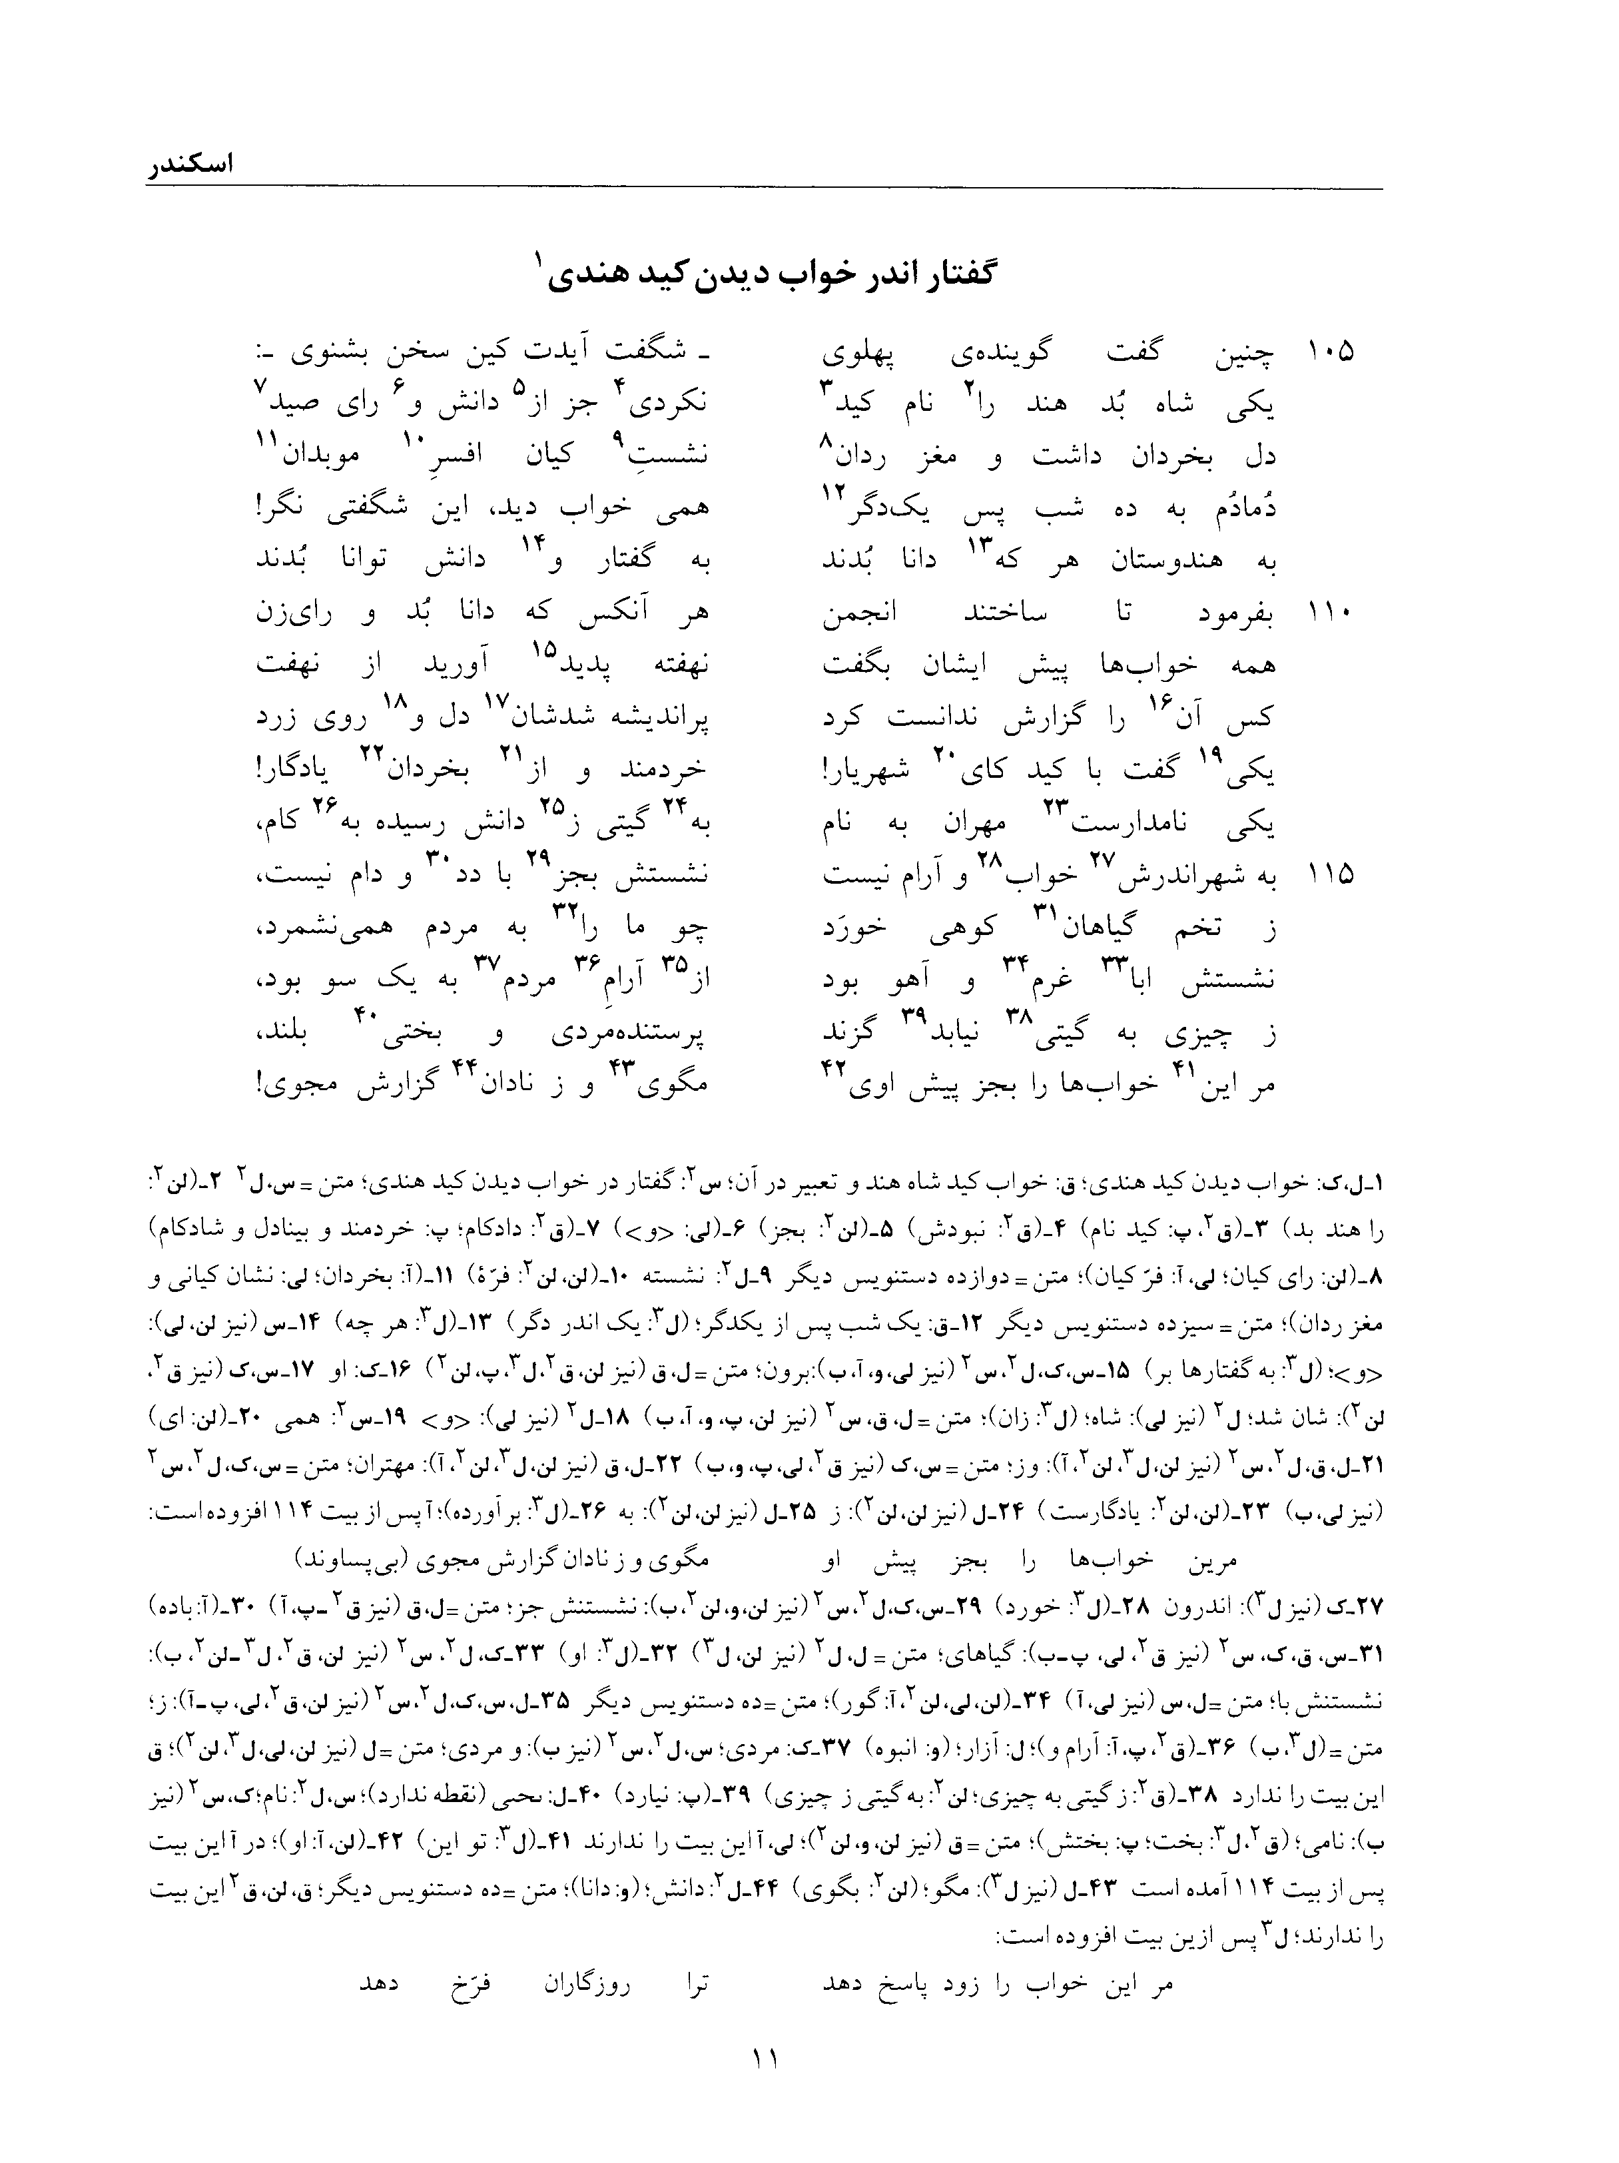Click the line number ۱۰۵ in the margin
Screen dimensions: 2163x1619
pyautogui.click(x=1329, y=353)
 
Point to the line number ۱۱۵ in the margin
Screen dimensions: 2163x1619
pyautogui.click(x=1329, y=876)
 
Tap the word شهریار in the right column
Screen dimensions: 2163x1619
pyautogui.click(x=869, y=772)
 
